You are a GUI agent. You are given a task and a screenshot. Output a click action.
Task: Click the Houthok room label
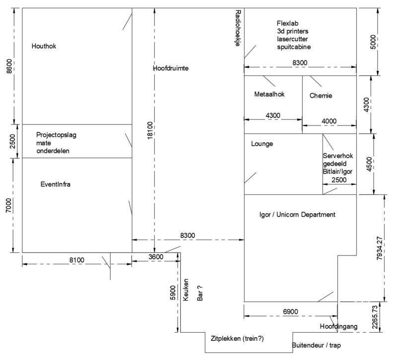coord(44,46)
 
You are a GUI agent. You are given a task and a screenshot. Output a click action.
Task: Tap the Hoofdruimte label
coord(171,68)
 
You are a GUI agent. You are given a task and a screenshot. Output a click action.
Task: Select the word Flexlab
coord(288,23)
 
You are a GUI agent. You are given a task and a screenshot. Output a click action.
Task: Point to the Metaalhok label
coord(269,94)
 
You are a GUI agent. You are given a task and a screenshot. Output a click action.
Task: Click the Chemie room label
coord(321,96)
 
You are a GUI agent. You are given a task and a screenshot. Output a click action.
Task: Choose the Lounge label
coord(262,144)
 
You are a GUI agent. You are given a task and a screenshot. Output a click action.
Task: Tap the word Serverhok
coord(338,156)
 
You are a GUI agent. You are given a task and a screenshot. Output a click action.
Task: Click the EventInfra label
coord(56,184)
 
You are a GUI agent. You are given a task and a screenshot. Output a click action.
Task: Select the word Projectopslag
coord(56,135)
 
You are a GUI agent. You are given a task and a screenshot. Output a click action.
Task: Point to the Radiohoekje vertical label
coord(238,28)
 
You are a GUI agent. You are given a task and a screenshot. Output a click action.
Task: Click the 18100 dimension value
coord(150,130)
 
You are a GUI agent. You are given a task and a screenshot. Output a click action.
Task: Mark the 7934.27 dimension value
coord(379,248)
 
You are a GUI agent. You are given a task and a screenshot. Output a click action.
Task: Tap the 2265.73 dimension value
coord(375,317)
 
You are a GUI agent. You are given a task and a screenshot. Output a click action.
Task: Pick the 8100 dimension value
coord(77,260)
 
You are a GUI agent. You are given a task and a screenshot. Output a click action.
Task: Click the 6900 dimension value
coord(290,312)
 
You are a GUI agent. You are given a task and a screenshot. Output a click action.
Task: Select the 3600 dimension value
coord(156,257)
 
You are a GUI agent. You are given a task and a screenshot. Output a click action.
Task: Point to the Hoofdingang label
coord(338,326)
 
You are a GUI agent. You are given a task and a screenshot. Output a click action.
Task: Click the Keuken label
coord(186,290)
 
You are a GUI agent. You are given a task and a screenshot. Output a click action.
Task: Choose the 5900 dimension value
coord(173,293)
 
